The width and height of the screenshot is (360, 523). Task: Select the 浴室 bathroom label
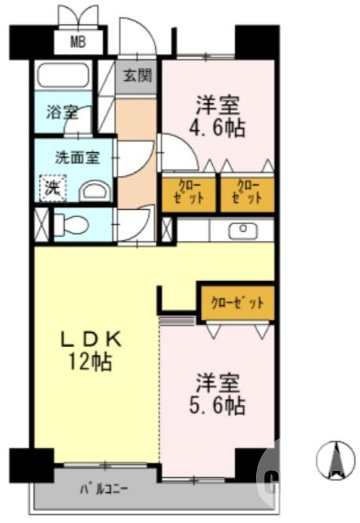62,112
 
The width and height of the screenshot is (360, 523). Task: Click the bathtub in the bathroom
64,75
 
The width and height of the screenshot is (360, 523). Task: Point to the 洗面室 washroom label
76,158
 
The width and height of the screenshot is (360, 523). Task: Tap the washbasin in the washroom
95,191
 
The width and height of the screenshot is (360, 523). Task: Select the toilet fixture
72,224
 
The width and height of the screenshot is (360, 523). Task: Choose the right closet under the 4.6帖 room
246,194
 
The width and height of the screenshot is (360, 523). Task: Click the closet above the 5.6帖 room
237,303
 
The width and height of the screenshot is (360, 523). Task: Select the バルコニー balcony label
104,488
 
